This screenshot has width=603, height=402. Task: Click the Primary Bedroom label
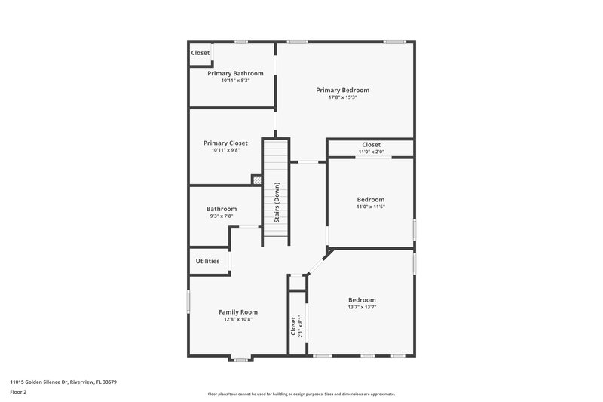[x=342, y=90]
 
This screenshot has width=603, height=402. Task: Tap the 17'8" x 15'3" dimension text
[x=342, y=97]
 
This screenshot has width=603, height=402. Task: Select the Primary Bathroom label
[x=235, y=73]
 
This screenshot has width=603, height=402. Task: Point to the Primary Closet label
[x=225, y=143]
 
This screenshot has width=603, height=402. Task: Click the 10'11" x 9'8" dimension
[x=225, y=150]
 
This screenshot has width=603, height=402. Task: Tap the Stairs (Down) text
[x=277, y=202]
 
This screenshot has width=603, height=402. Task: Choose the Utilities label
[x=207, y=261]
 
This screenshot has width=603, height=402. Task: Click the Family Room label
[x=238, y=311]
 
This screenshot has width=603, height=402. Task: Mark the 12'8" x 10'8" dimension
[x=238, y=319]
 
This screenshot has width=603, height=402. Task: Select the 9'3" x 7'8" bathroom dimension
[x=222, y=216]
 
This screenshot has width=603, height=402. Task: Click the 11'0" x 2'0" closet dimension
[x=371, y=152]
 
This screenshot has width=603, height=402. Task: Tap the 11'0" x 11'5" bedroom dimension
[x=371, y=207]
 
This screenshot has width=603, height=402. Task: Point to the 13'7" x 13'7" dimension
[x=362, y=307]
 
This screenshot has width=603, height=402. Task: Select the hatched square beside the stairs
[x=256, y=180]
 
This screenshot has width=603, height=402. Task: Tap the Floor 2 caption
[x=18, y=393]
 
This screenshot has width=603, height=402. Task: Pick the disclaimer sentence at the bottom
[x=301, y=394]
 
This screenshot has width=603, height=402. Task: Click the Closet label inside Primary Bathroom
[x=200, y=53]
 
